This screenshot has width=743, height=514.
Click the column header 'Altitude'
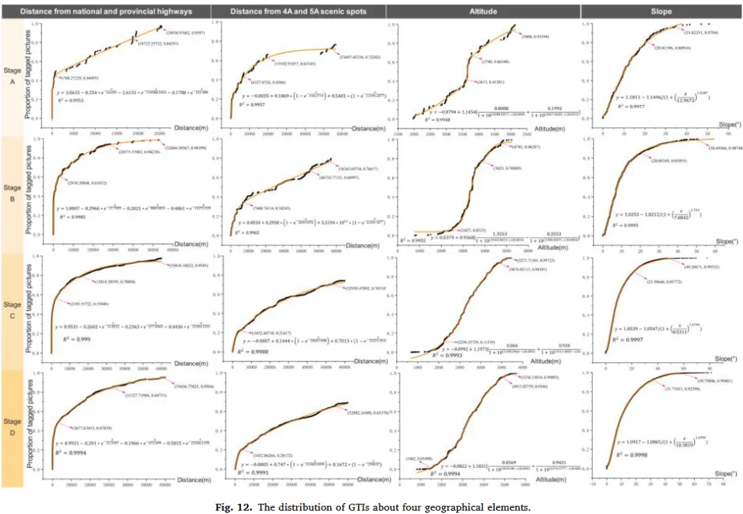484,12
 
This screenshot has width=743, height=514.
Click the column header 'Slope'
662,12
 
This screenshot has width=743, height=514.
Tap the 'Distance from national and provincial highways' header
105,12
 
